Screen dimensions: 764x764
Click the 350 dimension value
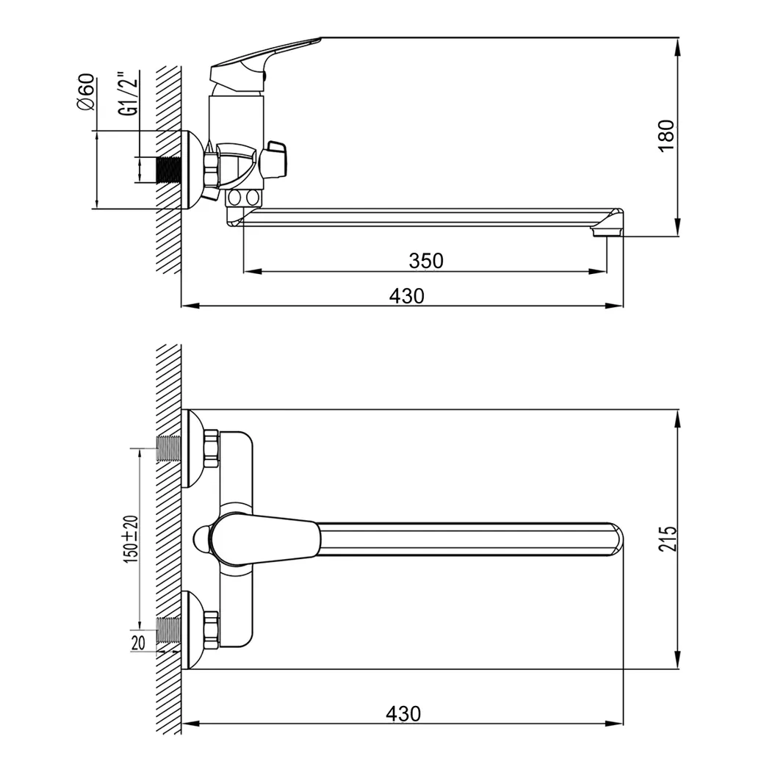pyautogui.click(x=426, y=261)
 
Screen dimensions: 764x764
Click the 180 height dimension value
pyautogui.click(x=666, y=136)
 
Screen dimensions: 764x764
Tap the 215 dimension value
pyautogui.click(x=668, y=538)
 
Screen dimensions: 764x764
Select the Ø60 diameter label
pyautogui.click(x=86, y=92)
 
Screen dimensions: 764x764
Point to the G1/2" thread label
pyautogui.click(x=128, y=93)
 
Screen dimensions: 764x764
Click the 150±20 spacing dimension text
pyautogui.click(x=131, y=539)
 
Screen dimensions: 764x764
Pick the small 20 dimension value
pyautogui.click(x=138, y=643)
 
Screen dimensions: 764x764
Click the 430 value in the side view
pyautogui.click(x=406, y=296)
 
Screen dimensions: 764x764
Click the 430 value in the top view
pyautogui.click(x=403, y=714)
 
